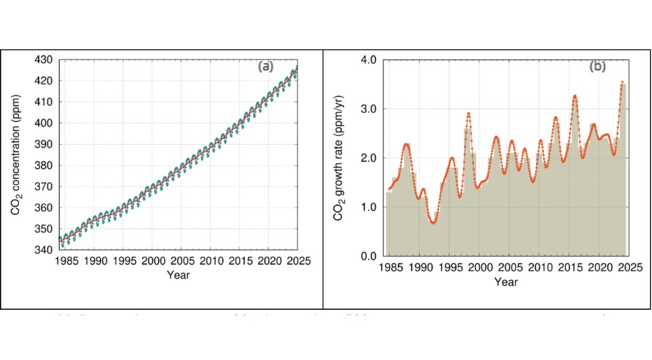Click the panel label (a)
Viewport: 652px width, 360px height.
point(266,66)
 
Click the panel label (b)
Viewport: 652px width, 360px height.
point(597,66)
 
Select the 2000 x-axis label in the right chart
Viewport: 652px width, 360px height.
point(479,267)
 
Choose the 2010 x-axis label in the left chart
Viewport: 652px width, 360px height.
point(211,261)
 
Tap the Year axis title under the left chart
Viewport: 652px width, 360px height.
point(178,274)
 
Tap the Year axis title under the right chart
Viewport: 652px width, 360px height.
point(506,281)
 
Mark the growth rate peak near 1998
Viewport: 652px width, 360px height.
point(469,113)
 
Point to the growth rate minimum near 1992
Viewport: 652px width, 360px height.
point(433,222)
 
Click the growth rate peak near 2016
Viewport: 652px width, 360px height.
point(575,96)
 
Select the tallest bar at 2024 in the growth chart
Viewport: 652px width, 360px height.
point(622,170)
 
